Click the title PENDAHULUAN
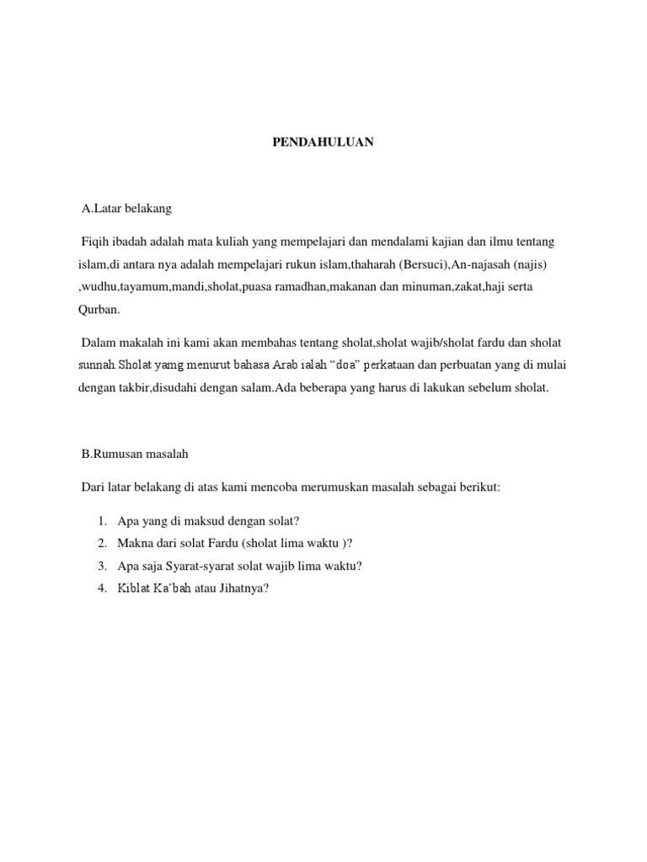tap(323, 143)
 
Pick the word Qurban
tap(99, 309)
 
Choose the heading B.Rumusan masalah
tap(135, 454)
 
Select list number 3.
tap(101, 567)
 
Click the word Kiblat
tap(133, 588)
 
